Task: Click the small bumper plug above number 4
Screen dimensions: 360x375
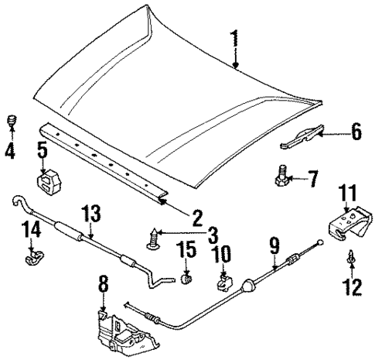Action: click(x=12, y=122)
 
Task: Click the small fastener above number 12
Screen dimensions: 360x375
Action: click(x=352, y=274)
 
